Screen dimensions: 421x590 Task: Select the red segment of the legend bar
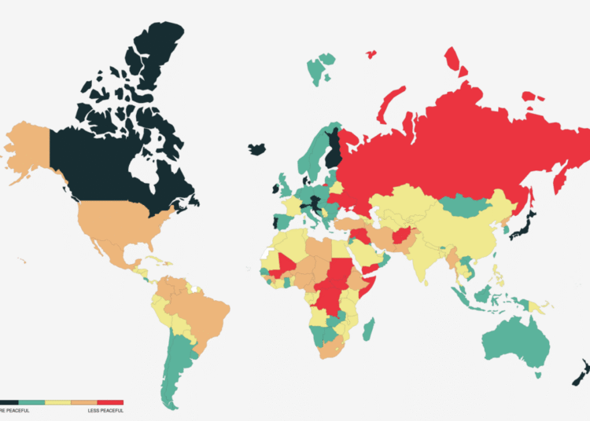pos(109,402)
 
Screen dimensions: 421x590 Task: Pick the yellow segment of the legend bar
pos(57,402)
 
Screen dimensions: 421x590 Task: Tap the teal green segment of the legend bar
pos(31,402)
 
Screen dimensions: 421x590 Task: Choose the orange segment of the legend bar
pos(83,402)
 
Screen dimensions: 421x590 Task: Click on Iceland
pos(256,148)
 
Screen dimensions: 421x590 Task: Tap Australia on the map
pos(516,345)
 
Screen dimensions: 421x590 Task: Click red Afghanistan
pos(399,236)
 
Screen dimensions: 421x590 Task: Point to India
pos(426,259)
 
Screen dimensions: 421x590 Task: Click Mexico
pos(106,243)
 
